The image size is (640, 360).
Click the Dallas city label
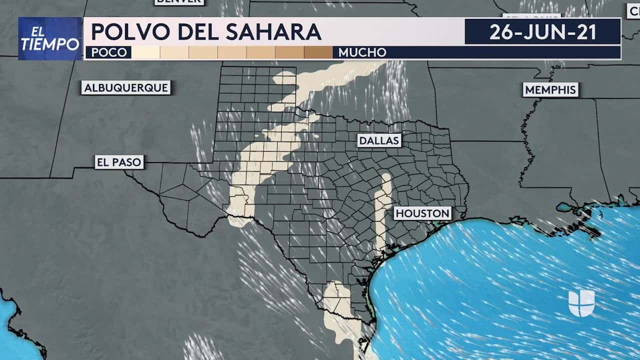(x=379, y=140)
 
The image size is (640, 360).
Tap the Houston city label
(x=422, y=213)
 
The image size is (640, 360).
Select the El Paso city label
(x=119, y=162)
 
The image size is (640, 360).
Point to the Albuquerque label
(x=126, y=88)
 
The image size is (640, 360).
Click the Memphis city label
(x=550, y=90)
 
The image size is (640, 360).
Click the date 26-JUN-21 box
(x=542, y=32)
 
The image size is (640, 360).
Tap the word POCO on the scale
(x=109, y=52)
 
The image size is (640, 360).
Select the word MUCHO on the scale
(x=362, y=52)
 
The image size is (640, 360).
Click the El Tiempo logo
(x=50, y=38)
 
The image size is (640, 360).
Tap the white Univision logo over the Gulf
(x=581, y=302)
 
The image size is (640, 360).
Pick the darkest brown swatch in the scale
(x=318, y=52)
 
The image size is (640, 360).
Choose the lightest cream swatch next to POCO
(x=145, y=52)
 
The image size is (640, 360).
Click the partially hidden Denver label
(x=179, y=1)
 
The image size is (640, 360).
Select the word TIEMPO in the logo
(x=50, y=44)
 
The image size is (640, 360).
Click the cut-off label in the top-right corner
(x=633, y=10)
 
